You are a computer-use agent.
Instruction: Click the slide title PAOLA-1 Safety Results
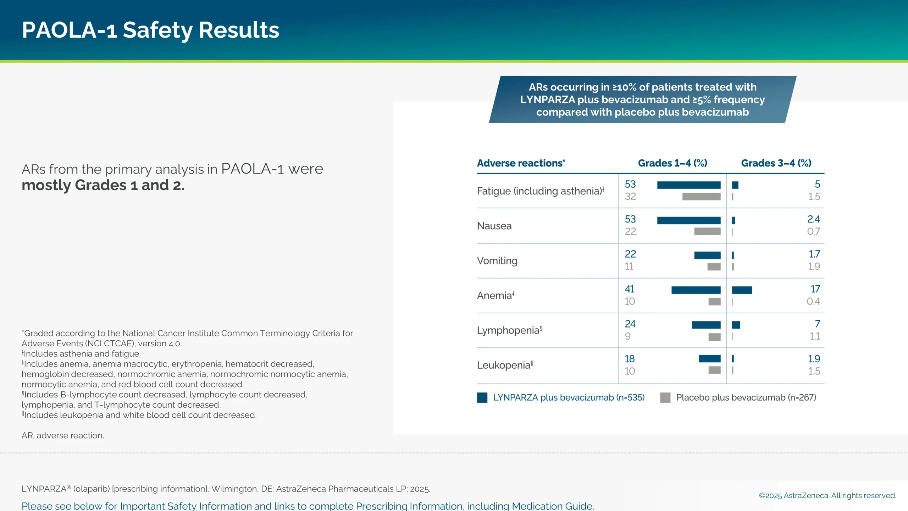150,30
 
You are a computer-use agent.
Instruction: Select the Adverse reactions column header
521,163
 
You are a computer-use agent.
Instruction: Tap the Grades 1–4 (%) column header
672,163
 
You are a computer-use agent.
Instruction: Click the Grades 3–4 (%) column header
776,163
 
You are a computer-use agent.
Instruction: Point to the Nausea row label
494,226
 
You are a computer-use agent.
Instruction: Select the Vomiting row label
497,261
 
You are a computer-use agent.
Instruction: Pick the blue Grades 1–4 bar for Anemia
696,290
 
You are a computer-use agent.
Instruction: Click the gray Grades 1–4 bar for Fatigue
701,197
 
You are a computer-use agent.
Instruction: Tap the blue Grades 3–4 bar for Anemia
742,290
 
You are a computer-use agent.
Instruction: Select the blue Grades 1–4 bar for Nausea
688,220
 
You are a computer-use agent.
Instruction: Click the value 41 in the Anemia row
630,289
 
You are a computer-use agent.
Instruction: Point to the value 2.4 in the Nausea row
813,219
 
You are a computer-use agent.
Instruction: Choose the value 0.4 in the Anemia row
813,301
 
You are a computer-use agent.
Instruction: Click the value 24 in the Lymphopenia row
630,324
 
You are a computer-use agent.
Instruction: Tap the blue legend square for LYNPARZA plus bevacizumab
482,397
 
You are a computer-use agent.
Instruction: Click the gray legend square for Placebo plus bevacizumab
665,397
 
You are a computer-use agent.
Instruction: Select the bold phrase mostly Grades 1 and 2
103,185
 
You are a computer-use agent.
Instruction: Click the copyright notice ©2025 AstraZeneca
827,495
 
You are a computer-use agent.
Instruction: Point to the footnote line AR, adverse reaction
63,435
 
